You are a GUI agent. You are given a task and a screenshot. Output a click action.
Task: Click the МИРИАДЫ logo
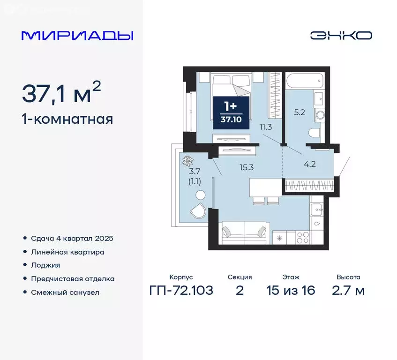[x=77, y=36]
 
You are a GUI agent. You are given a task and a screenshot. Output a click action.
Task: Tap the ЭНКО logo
[x=341, y=36]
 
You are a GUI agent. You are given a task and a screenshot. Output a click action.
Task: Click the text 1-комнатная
[x=67, y=119]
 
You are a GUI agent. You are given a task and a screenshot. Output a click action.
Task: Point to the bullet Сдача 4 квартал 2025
[x=72, y=238]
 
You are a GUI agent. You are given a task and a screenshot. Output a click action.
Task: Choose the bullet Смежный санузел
[x=65, y=292]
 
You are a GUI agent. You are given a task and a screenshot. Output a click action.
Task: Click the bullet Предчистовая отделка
[x=73, y=278]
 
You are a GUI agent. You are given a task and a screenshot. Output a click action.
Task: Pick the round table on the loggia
[x=201, y=195]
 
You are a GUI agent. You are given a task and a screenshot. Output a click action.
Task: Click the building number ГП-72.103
[x=181, y=291]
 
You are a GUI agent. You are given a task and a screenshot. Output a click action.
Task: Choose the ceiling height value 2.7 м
[x=348, y=291]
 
